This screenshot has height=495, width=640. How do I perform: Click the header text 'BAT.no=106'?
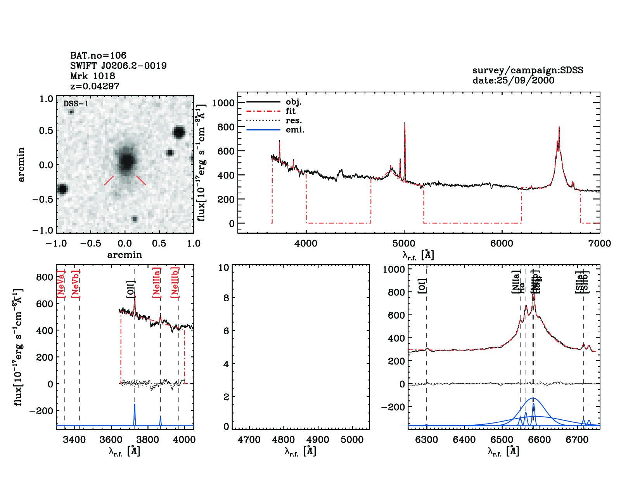click(x=98, y=56)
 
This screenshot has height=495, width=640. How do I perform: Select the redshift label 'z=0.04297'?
click(x=95, y=86)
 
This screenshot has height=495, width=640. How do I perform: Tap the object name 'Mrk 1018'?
click(x=93, y=76)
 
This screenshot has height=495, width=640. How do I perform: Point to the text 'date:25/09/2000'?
click(x=513, y=80)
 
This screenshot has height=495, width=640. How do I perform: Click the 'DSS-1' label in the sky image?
click(x=76, y=104)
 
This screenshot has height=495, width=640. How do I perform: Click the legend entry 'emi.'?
click(x=295, y=130)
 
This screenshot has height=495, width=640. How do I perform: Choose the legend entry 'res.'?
click(x=294, y=120)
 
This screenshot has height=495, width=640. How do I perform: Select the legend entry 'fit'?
click(x=291, y=111)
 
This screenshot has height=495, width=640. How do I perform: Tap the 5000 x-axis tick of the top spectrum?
click(x=404, y=243)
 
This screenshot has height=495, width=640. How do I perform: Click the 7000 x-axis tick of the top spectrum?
click(x=600, y=243)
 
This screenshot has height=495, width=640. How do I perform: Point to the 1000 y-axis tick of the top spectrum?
click(x=223, y=103)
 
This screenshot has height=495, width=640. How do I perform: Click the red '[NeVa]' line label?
click(x=61, y=284)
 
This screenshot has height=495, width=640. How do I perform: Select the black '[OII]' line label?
click(x=131, y=289)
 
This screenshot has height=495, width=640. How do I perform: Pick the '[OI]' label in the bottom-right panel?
click(x=422, y=286)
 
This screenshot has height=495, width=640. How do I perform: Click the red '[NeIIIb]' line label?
click(x=175, y=282)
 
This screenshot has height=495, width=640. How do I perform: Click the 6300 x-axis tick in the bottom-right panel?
click(x=426, y=440)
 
